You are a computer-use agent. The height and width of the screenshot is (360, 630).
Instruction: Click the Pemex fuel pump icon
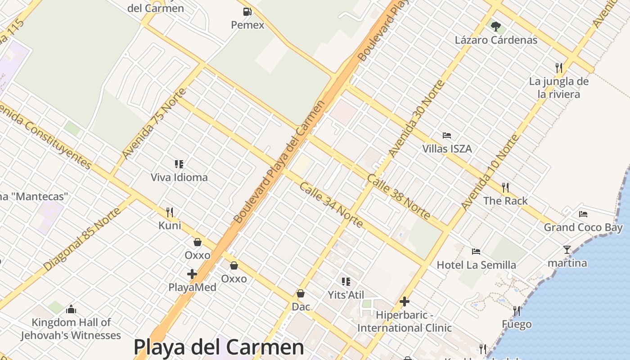[247, 12]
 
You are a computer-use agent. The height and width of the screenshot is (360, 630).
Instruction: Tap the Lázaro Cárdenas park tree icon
[496, 27]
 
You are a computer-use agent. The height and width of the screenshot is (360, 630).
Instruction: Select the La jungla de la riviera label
[559, 88]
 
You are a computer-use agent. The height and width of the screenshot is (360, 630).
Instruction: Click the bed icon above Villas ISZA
[447, 135]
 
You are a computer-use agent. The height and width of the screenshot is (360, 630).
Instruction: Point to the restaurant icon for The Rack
[505, 187]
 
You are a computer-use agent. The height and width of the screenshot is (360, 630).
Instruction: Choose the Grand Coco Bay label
[583, 227]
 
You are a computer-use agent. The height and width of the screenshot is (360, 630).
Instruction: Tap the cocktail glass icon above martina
[567, 249]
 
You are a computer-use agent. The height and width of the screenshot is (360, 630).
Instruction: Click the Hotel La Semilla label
[476, 265]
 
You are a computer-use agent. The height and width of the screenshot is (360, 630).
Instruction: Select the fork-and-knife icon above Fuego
[517, 310]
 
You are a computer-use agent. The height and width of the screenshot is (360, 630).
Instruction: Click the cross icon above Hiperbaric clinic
[405, 301]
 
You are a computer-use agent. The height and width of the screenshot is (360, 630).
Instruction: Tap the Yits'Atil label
[346, 295]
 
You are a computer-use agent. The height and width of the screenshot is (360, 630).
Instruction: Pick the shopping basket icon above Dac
[301, 293]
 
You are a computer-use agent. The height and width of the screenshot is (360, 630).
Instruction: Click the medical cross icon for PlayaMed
[192, 274]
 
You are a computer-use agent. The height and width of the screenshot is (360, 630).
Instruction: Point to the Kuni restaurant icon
[170, 212]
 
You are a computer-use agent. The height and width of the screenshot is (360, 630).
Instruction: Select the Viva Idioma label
[179, 177]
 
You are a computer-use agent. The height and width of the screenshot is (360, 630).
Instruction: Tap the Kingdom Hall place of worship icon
[71, 309]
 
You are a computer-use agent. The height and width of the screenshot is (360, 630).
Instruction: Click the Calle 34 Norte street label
[331, 205]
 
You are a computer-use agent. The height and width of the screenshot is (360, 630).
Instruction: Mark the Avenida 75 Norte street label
[154, 124]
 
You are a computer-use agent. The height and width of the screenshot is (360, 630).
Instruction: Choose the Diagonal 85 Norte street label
[83, 239]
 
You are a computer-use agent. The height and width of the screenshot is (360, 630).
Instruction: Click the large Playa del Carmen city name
[219, 347]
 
